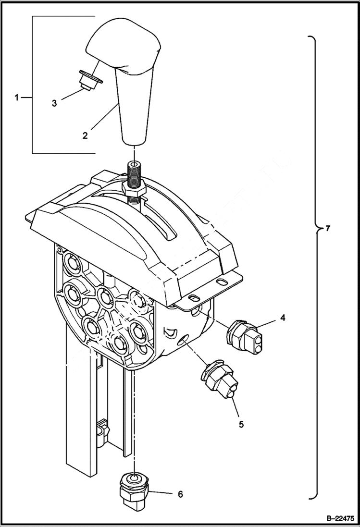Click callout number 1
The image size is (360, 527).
tap(16, 98)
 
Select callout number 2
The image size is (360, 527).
tap(85, 135)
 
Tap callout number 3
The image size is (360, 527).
tap(54, 103)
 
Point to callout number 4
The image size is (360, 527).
tap(283, 318)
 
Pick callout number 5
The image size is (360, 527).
tap(241, 424)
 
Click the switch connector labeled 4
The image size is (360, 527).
tap(245, 334)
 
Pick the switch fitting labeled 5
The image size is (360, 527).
tap(218, 378)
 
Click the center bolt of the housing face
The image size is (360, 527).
tap(104, 296)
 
